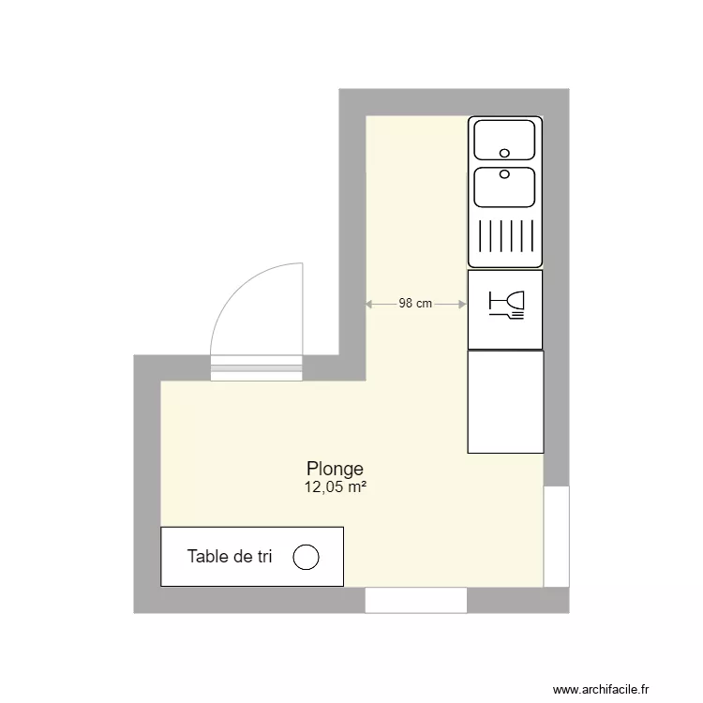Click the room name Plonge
click(x=335, y=469)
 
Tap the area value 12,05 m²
click(x=335, y=486)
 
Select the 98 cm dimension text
click(x=415, y=303)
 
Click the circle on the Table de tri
click(x=307, y=557)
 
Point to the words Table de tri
click(x=230, y=557)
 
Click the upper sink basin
click(x=504, y=140)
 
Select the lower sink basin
click(x=504, y=187)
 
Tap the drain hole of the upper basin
click(x=504, y=153)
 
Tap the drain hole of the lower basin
click(x=504, y=173)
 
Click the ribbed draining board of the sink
click(x=505, y=237)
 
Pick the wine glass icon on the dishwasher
click(x=507, y=301)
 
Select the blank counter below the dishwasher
click(x=505, y=402)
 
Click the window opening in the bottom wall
click(x=415, y=600)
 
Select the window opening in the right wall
click(x=557, y=535)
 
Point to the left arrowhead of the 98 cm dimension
click(x=368, y=304)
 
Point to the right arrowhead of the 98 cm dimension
click(x=463, y=304)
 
